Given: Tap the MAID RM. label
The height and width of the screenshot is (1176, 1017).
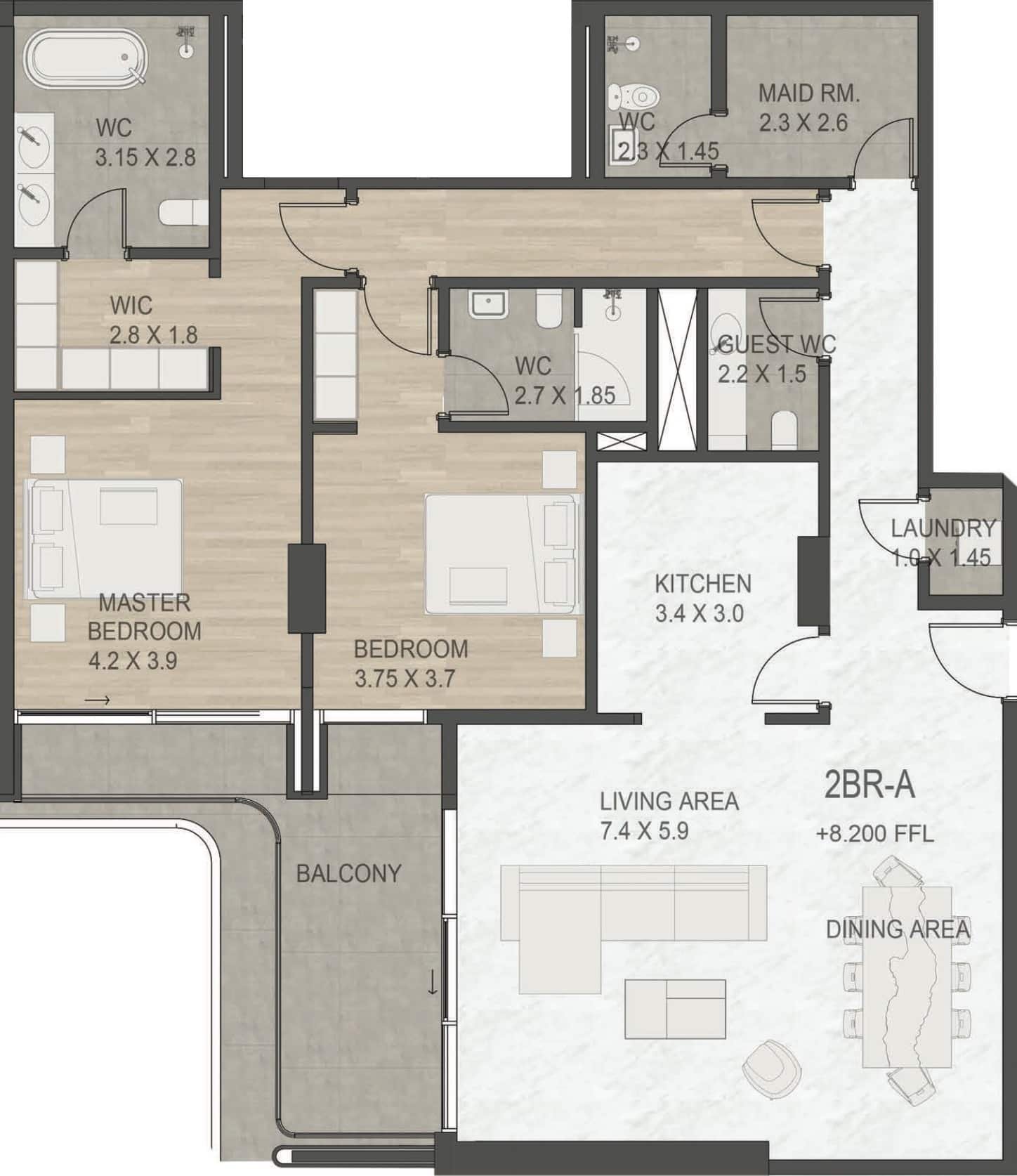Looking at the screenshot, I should pyautogui.click(x=808, y=93).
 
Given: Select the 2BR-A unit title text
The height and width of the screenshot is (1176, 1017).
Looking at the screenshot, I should pyautogui.click(x=869, y=785).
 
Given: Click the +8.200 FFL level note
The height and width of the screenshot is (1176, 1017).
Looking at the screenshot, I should pyautogui.click(x=874, y=834).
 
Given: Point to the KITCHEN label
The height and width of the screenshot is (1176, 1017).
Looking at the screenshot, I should pyautogui.click(x=702, y=584).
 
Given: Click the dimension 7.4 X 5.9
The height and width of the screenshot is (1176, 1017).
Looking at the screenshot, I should pyautogui.click(x=644, y=831).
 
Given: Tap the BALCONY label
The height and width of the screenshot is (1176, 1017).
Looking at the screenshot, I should pyautogui.click(x=348, y=873).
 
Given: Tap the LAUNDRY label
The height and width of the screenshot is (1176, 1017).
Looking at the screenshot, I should pyautogui.click(x=943, y=528).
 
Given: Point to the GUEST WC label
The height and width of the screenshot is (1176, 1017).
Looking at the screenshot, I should pyautogui.click(x=777, y=344).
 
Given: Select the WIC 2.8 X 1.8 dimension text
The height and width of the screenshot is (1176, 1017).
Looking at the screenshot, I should pyautogui.click(x=153, y=335).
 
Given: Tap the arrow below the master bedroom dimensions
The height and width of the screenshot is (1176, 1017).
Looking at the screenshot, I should pyautogui.click(x=98, y=700).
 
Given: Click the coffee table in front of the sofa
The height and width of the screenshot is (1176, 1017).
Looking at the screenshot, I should pyautogui.click(x=675, y=1009).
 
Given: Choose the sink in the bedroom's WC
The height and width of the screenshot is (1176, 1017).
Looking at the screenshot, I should pyautogui.click(x=489, y=306).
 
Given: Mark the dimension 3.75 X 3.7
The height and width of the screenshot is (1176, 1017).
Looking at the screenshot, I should pyautogui.click(x=405, y=679).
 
